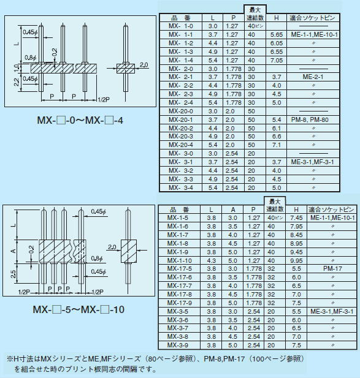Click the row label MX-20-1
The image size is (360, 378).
(x=181, y=119)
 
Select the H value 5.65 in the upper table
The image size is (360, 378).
(x=276, y=34)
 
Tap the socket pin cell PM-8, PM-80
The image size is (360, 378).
(x=310, y=119)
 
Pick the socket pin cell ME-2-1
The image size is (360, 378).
(x=313, y=77)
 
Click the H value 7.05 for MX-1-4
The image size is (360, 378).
(x=276, y=60)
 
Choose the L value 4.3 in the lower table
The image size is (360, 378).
(x=211, y=260)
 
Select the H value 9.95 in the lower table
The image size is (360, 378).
(x=296, y=260)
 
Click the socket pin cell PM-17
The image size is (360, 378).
(x=332, y=268)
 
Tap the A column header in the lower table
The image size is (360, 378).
(x=233, y=210)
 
